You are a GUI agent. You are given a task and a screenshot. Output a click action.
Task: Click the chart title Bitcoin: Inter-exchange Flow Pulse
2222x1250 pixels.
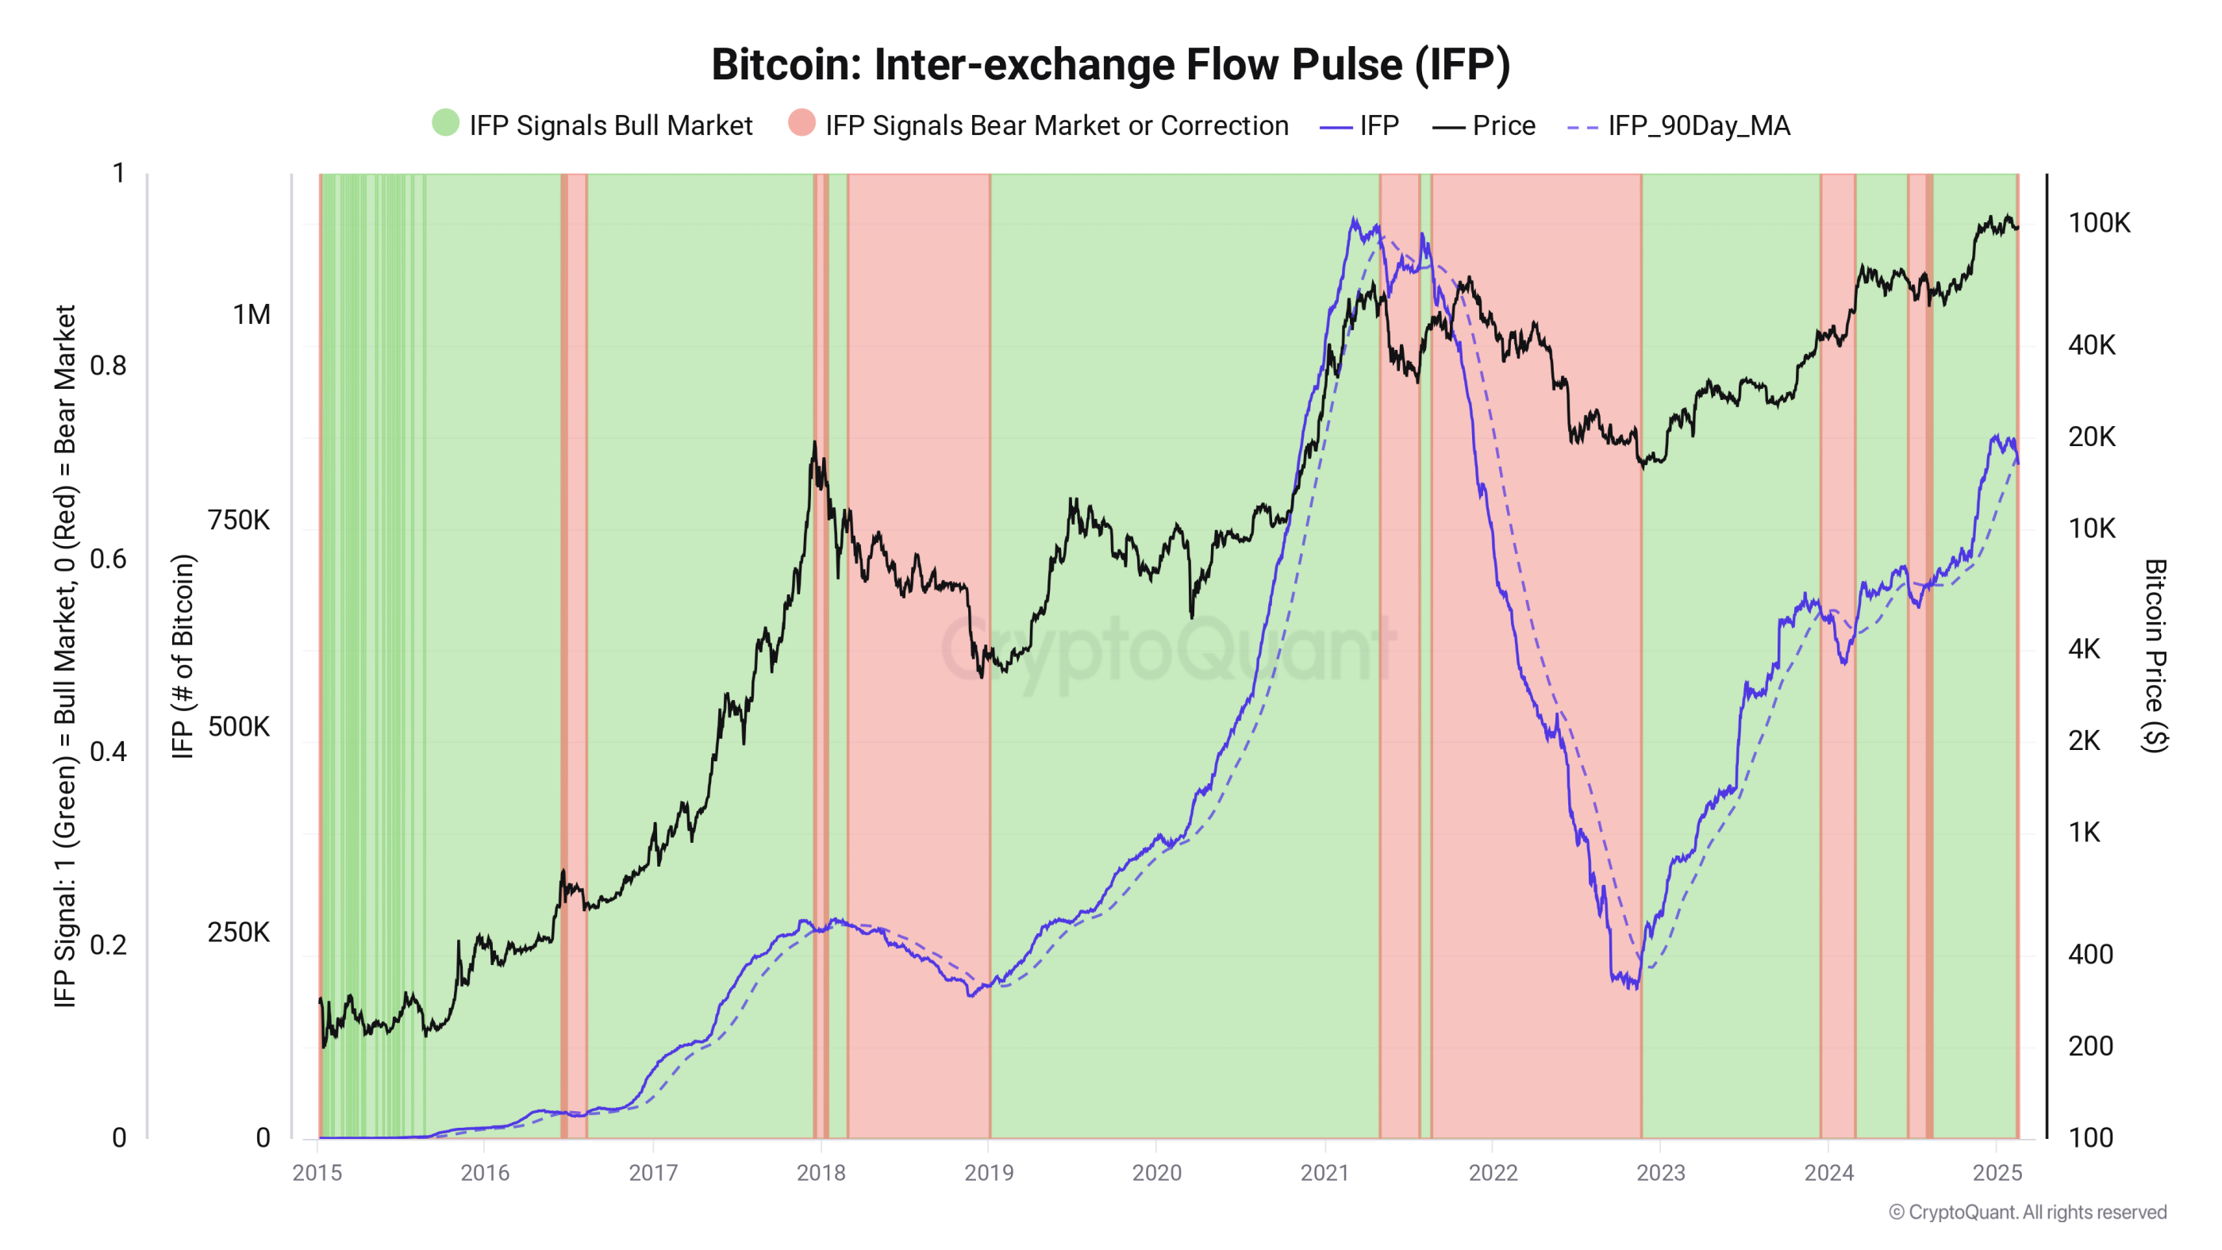[1110, 65]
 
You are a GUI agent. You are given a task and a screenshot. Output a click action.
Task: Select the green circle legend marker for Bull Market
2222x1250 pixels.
[445, 123]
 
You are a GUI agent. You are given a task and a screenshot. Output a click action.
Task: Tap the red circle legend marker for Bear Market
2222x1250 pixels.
[802, 123]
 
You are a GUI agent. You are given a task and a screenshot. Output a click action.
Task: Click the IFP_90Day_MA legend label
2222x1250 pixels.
[1697, 126]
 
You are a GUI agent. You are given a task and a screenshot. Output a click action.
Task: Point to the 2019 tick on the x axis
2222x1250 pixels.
[989, 1171]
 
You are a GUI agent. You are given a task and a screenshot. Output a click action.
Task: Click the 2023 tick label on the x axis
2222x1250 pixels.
[1659, 1171]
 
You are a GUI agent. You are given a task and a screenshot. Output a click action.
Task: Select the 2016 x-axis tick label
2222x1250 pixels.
[485, 1171]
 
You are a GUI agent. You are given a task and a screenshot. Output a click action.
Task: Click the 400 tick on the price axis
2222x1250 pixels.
[2089, 954]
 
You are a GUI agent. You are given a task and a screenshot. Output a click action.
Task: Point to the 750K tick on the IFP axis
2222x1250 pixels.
[238, 520]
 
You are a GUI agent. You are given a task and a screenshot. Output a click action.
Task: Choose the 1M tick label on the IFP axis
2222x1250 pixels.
[251, 315]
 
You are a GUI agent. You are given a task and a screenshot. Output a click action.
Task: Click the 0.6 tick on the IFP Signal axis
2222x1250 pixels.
[108, 558]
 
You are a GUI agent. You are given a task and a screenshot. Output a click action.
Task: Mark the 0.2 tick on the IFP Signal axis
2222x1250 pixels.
[108, 944]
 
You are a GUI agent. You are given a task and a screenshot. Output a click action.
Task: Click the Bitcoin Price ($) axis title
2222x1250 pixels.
[2154, 656]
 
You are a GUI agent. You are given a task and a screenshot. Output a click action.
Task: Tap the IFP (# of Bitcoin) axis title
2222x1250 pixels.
[182, 656]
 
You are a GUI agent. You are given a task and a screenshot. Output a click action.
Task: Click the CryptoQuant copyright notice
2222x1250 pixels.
[2026, 1211]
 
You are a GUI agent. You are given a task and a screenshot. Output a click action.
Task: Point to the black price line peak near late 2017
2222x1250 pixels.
[813, 444]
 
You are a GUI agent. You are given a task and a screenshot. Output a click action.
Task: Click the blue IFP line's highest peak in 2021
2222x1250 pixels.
[1353, 219]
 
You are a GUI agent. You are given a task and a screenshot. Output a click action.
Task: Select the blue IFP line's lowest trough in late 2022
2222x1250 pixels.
[1635, 988]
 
